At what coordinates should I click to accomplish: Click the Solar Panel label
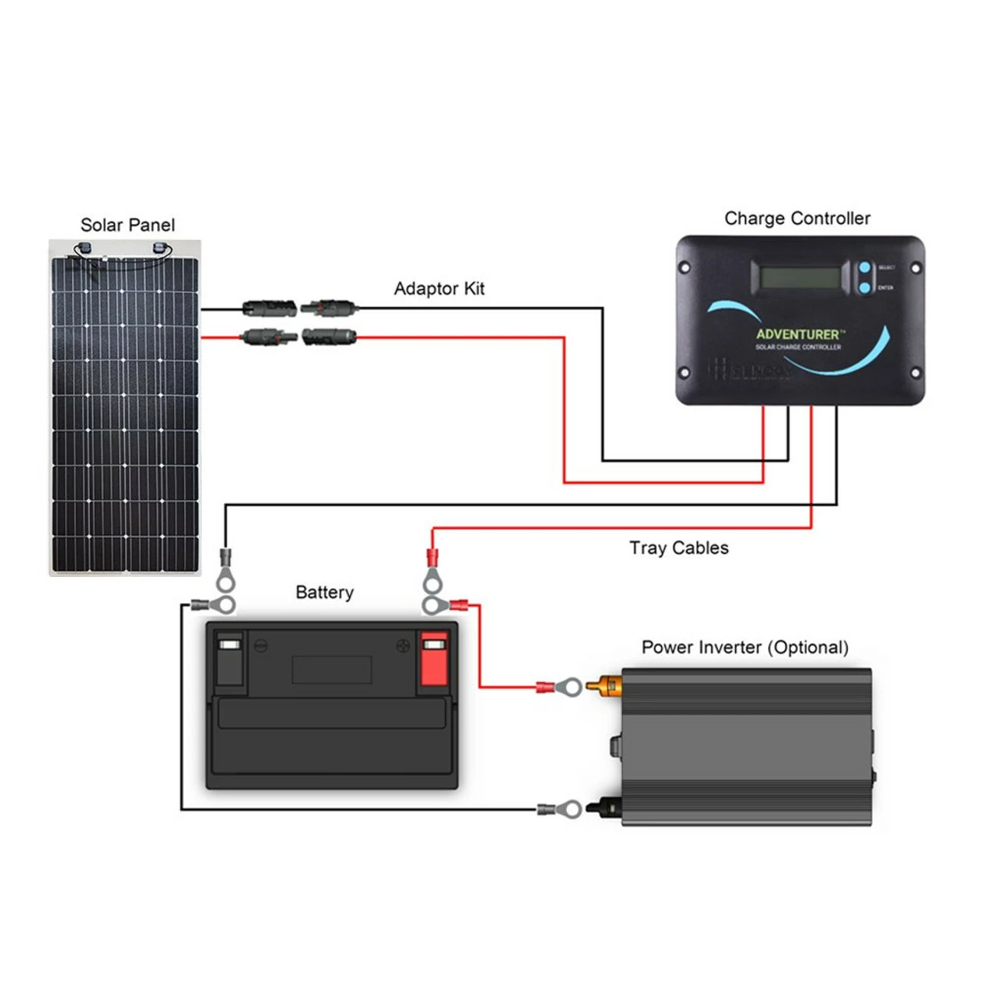pyautogui.click(x=127, y=225)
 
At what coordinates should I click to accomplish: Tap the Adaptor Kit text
pyautogui.click(x=439, y=288)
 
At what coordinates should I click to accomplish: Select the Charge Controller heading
pyautogui.click(x=797, y=219)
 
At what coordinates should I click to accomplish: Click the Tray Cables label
pyautogui.click(x=679, y=548)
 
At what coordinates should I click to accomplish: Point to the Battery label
pyautogui.click(x=325, y=592)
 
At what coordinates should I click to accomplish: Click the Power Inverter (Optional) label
pyautogui.click(x=745, y=648)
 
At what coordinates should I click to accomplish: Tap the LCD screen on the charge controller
pyautogui.click(x=795, y=277)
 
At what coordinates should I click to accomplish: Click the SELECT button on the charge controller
pyautogui.click(x=865, y=268)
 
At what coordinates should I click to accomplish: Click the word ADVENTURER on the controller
pyautogui.click(x=798, y=334)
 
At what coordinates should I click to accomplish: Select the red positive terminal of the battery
pyautogui.click(x=433, y=660)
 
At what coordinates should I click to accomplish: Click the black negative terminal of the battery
pyautogui.click(x=229, y=660)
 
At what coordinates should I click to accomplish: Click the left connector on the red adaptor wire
pyautogui.click(x=269, y=336)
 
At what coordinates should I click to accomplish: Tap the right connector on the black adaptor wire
pyautogui.click(x=330, y=308)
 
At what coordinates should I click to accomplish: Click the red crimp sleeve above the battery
pyautogui.click(x=432, y=555)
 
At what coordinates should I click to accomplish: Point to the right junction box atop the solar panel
pyautogui.click(x=160, y=248)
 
